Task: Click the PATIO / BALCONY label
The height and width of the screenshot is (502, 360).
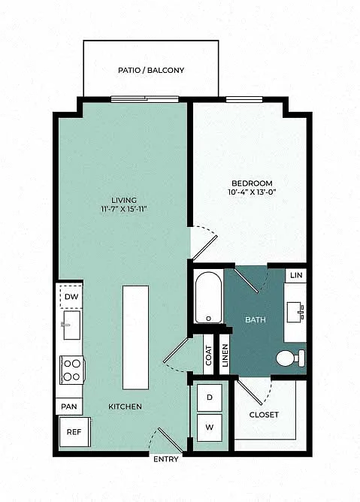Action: click(x=151, y=70)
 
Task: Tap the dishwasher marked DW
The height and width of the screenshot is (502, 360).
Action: click(x=71, y=296)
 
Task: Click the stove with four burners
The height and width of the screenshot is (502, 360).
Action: click(x=72, y=370)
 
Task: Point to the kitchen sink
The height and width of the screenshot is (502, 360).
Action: click(x=71, y=325)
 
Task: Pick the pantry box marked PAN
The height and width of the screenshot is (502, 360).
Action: click(x=69, y=407)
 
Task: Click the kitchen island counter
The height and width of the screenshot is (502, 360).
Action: click(x=135, y=337)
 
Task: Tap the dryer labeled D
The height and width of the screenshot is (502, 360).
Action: click(x=210, y=398)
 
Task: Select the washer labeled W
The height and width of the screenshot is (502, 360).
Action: click(x=210, y=428)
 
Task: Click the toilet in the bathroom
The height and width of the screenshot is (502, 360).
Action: click(x=291, y=358)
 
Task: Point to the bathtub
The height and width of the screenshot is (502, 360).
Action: click(x=208, y=297)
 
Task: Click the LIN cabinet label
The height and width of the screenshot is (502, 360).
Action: click(x=296, y=275)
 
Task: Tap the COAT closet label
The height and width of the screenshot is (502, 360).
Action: click(x=208, y=355)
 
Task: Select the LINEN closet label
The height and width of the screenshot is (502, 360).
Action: click(x=225, y=355)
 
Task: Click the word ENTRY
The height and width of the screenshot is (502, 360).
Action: click(x=166, y=459)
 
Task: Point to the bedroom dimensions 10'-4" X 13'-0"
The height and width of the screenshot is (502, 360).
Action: click(x=252, y=192)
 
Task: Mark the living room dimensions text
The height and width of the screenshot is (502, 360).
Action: click(x=124, y=209)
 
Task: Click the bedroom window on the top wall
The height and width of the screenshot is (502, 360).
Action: click(x=244, y=99)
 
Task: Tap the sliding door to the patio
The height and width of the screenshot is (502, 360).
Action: click(x=145, y=99)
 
